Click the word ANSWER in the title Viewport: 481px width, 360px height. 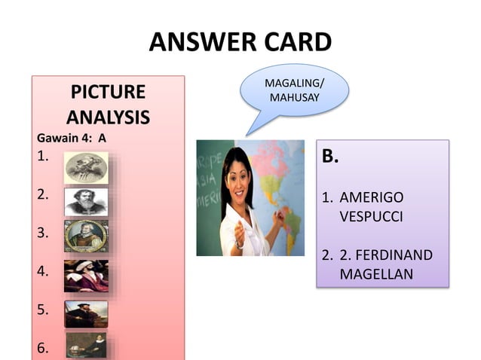tap(195, 42)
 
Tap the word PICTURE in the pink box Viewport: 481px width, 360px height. tap(108, 93)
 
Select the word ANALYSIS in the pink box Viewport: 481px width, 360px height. tap(108, 117)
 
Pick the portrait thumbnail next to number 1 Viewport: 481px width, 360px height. tap(86, 167)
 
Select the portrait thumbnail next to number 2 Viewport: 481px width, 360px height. tap(86, 202)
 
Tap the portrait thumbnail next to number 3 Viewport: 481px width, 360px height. tap(86, 236)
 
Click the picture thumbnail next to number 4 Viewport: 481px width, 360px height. tap(86, 275)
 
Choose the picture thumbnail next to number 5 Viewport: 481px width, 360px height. tap(86, 313)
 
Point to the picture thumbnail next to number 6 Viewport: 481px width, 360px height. tap(86, 346)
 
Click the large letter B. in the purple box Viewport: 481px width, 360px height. tap(331, 157)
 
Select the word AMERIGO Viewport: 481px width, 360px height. tap(372, 197)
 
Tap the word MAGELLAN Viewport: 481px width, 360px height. tap(376, 274)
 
